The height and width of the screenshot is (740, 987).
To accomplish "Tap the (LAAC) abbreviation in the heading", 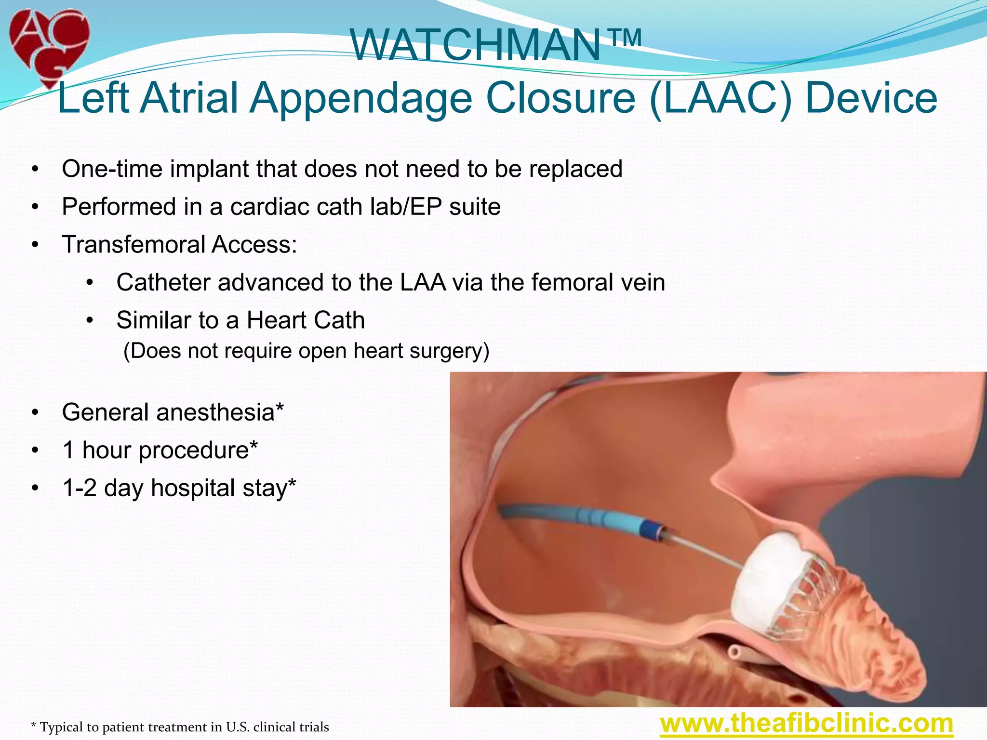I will click(x=720, y=98).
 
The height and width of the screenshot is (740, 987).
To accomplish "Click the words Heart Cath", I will click(x=306, y=320).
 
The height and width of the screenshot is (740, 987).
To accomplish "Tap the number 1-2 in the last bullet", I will click(x=80, y=488).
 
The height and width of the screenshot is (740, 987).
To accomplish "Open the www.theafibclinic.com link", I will click(x=806, y=724).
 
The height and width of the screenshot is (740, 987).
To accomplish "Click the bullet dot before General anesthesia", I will click(x=35, y=413).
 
